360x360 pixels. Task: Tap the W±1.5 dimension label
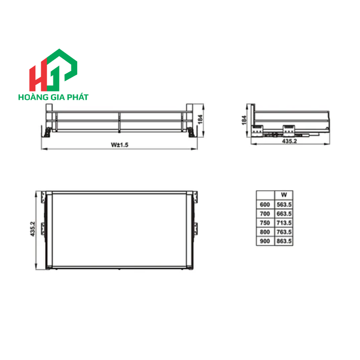click(118, 145)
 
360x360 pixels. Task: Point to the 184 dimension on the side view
click(245, 119)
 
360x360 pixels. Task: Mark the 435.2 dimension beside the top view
click(32, 229)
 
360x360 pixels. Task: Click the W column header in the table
click(283, 195)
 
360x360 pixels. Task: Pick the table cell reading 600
click(265, 205)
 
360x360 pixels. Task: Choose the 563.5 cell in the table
click(283, 205)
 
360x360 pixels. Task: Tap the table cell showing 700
click(265, 213)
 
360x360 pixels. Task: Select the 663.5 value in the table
click(283, 213)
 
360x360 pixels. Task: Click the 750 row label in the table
click(265, 223)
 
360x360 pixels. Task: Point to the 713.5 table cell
click(283, 223)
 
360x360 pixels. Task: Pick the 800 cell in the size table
click(265, 231)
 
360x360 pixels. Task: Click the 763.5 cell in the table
click(283, 231)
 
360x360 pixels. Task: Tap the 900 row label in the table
click(265, 240)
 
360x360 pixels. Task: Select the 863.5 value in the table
click(283, 240)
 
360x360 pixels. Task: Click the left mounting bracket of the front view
click(47, 131)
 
